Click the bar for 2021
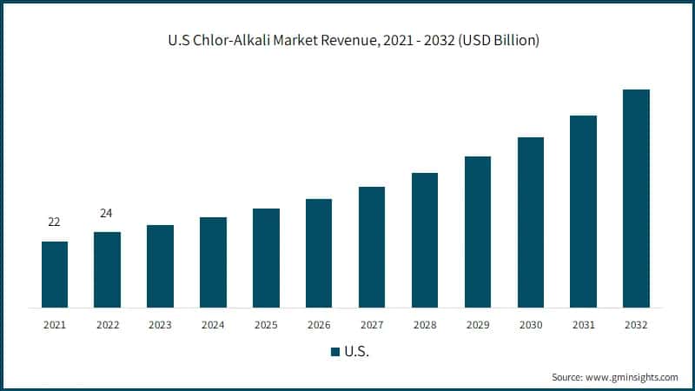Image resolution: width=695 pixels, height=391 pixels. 54,275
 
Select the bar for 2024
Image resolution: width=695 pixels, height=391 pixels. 213,262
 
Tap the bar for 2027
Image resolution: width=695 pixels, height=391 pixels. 372,248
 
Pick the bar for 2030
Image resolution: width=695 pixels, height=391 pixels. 531,222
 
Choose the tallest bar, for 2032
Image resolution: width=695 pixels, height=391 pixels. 636,199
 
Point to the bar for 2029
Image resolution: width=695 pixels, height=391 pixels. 478,232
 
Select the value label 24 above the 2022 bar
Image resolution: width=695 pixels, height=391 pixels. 107,214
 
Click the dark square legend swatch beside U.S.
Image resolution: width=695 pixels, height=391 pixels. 334,352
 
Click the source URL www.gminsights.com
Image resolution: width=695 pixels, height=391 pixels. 632,377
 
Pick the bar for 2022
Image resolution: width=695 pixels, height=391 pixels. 107,269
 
